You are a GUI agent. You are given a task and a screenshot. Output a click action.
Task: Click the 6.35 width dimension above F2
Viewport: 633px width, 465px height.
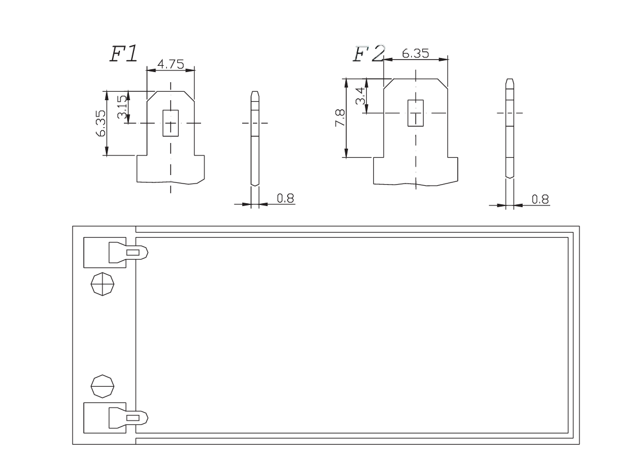(x=415, y=53)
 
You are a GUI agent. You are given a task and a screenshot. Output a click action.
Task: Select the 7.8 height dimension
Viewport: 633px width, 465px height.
(x=340, y=118)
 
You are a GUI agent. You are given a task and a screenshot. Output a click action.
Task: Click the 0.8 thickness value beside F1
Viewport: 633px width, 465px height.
(x=286, y=198)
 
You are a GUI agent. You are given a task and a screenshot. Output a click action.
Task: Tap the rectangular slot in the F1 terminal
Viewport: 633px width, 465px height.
(x=170, y=123)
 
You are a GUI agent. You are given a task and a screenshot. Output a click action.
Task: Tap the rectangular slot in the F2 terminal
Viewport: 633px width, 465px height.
(x=416, y=113)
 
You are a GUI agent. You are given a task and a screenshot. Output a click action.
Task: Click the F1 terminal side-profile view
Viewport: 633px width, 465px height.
(x=255, y=138)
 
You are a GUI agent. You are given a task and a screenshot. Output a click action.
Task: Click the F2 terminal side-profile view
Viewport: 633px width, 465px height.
(x=510, y=128)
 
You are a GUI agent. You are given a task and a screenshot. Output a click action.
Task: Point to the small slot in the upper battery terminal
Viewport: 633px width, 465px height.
(x=133, y=253)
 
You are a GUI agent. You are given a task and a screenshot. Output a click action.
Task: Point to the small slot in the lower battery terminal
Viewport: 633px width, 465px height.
(x=133, y=418)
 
